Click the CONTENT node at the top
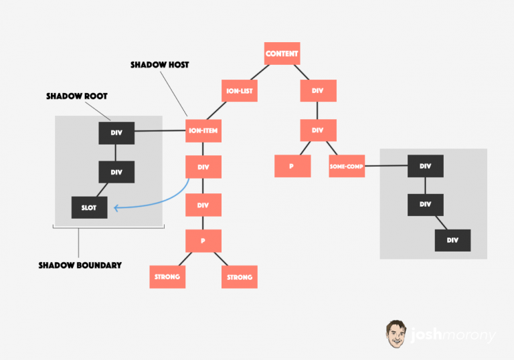click(282, 54)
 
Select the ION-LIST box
click(240, 91)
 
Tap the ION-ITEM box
click(203, 131)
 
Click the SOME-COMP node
click(347, 166)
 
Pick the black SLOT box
click(90, 207)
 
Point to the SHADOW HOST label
click(160, 65)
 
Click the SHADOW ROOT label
click(77, 96)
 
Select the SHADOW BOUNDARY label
click(80, 265)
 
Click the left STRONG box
click(167, 277)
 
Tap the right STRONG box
click(240, 277)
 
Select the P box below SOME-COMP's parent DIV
click(292, 166)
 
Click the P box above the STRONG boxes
click(203, 241)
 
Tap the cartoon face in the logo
click(396, 334)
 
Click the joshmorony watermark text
click(453, 335)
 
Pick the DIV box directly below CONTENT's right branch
click(319, 91)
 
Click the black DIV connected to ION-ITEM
click(116, 133)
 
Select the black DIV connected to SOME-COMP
click(426, 166)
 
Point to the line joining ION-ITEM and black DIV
click(160, 131)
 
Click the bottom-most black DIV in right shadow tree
click(452, 240)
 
